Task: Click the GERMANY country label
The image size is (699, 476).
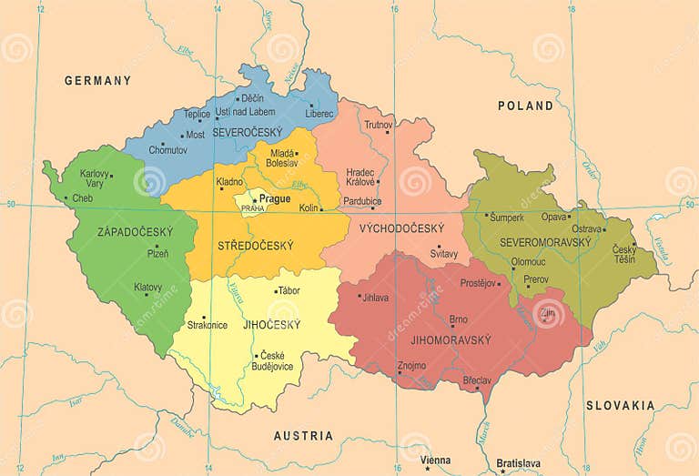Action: point(97,81)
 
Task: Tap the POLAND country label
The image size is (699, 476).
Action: point(525,106)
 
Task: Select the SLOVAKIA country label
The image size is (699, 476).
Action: point(620,405)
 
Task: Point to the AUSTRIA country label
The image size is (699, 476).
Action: point(303,436)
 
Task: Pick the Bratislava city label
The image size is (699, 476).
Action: point(513,463)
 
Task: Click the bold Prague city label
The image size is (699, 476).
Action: point(275,198)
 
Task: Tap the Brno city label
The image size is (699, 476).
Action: point(458,319)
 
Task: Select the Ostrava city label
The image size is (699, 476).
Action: point(586,229)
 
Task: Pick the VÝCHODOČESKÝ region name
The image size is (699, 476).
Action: point(401,228)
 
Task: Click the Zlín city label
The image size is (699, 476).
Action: point(548,313)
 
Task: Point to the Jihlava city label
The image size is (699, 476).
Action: point(375,297)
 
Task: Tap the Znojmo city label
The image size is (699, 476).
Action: point(411,365)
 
